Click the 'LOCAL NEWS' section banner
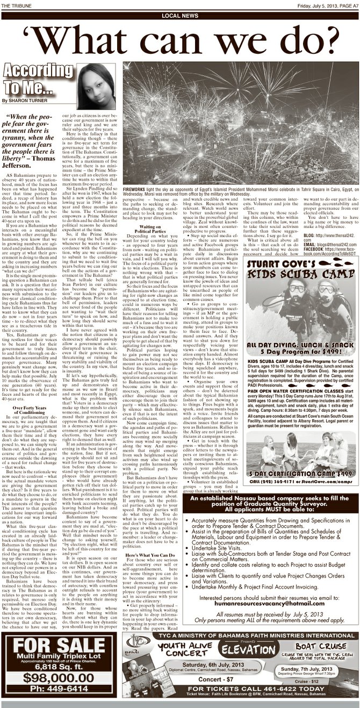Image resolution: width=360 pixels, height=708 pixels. pos(179,16)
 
